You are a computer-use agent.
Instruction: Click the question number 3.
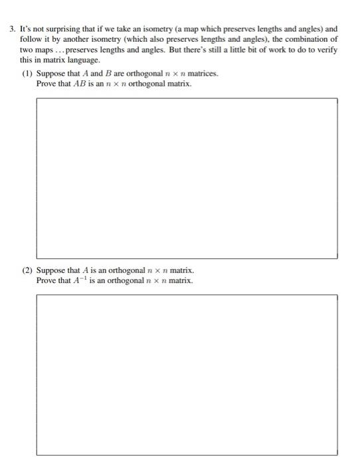coord(12,30)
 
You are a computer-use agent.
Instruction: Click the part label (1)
coord(27,73)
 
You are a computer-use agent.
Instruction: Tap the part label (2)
coord(27,271)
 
